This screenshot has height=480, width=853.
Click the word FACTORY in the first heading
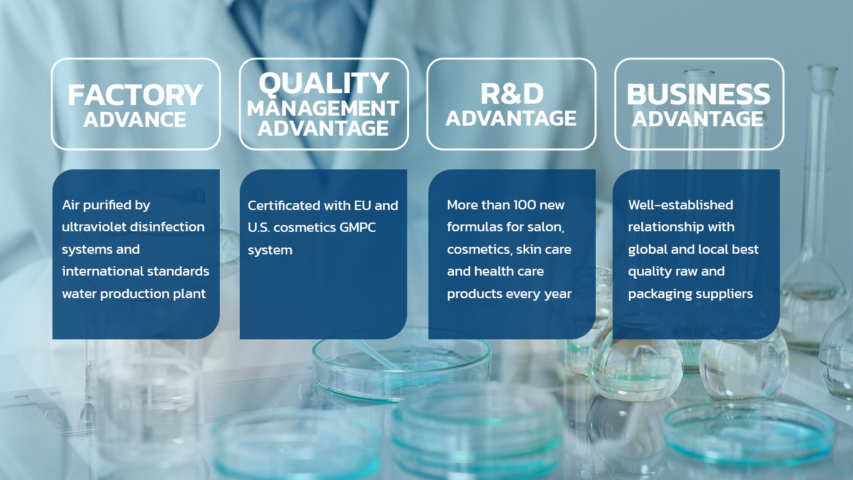[135, 95]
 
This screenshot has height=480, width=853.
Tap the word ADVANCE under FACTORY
[135, 120]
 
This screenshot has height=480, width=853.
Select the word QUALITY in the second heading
[323, 82]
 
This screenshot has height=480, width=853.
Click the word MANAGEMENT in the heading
[323, 108]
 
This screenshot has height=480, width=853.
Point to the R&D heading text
[511, 94]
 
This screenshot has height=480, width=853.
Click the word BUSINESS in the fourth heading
[698, 94]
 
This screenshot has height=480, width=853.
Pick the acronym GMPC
[357, 227]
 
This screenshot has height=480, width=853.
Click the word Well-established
[681, 205]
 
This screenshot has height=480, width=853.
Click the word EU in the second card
[363, 206]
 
